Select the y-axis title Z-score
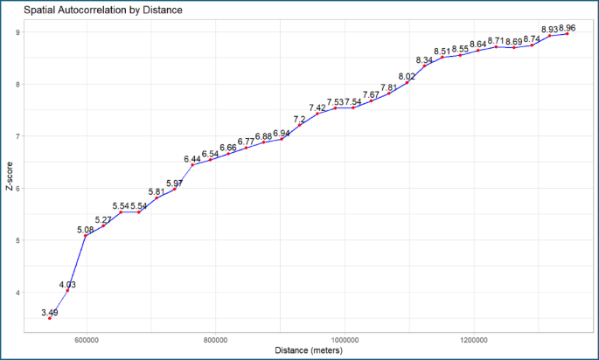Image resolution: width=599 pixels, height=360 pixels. tap(10, 176)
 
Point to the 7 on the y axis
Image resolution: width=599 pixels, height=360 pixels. tap(17, 136)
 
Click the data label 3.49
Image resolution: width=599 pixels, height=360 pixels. tap(50, 312)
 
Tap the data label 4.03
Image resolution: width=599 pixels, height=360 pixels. tap(68, 284)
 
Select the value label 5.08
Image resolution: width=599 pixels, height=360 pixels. tap(86, 230)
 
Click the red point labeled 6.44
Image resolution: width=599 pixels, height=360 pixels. tap(192, 165)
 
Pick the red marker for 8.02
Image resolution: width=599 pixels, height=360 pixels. tap(407, 83)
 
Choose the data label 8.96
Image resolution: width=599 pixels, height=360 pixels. tap(568, 29)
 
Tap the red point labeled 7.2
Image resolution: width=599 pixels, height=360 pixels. tap(299, 125)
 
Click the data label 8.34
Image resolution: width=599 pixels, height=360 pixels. tap(425, 60)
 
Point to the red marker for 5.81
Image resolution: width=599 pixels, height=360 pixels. tap(157, 198)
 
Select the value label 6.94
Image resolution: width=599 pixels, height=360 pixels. tap(282, 134)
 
